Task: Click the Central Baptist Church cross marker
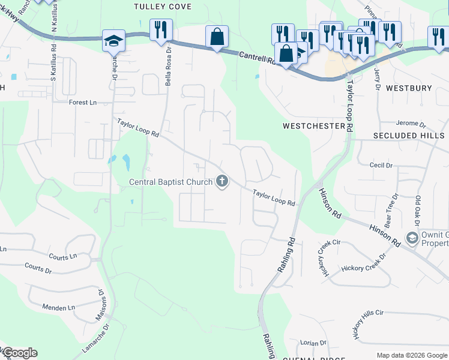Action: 222,181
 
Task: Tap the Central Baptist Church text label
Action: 172,182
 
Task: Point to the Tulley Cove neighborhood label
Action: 163,7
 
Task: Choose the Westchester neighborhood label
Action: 314,127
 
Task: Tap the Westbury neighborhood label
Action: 409,88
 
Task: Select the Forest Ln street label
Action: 83,103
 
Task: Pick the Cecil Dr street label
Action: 381,165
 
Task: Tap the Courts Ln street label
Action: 63,256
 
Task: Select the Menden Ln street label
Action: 58,307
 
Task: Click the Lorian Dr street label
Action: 313,343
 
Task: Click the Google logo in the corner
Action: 20,353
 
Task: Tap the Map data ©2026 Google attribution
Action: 412,355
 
